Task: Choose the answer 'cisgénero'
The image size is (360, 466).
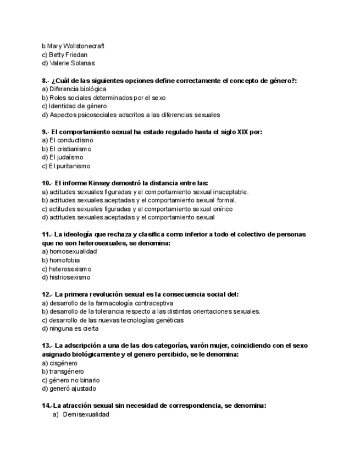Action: (x=63, y=363)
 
